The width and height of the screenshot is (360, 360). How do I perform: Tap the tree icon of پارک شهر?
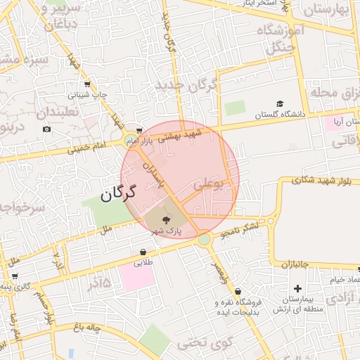[x=167, y=220]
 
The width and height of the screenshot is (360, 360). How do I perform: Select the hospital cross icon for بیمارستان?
[x=297, y=288]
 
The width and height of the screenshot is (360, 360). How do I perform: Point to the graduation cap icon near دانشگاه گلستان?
[x=280, y=103]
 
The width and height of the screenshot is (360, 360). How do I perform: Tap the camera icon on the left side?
[x=46, y=129]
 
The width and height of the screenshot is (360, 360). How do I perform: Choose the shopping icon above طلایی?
[x=143, y=252]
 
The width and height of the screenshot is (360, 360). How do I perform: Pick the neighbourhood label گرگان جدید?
[x=188, y=88]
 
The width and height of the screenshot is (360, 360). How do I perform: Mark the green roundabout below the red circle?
[x=204, y=240]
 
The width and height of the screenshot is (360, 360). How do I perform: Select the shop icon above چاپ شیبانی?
[x=87, y=84]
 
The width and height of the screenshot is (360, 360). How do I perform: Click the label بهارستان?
[x=329, y=10]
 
